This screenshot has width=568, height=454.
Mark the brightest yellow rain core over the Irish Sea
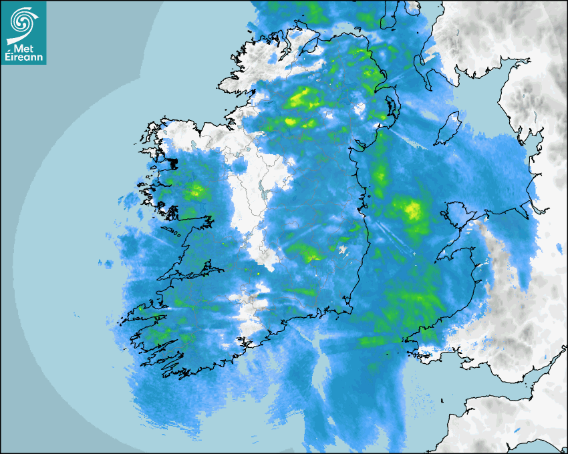(x=412, y=211)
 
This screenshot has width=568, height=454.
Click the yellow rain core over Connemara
(x=196, y=192)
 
